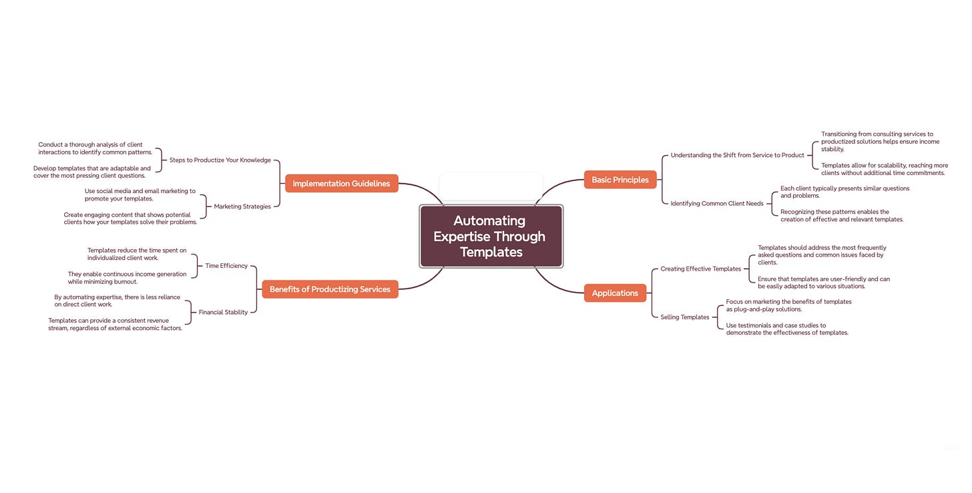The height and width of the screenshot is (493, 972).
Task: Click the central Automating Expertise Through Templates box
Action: [x=491, y=236]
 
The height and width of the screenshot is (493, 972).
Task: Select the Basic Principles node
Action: [x=620, y=180]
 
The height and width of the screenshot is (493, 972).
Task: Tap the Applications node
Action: [x=615, y=293]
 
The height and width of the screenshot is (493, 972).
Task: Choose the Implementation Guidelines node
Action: [x=341, y=184]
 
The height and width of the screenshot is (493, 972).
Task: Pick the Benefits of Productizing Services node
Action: [x=330, y=289]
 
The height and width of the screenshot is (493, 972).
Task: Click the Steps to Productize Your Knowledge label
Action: [x=220, y=160]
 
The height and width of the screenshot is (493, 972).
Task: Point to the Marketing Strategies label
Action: [x=242, y=206]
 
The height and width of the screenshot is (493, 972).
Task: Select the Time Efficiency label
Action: [x=226, y=266]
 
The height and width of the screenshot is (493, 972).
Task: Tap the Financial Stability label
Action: [x=223, y=312]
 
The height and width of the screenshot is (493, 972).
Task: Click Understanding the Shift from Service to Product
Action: [x=737, y=155]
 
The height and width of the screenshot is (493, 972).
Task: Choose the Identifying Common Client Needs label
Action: [x=716, y=203]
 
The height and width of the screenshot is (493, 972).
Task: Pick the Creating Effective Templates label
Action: [x=700, y=269]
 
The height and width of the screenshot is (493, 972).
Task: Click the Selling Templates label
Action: [x=684, y=317]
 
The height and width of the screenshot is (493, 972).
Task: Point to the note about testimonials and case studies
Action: [x=786, y=329]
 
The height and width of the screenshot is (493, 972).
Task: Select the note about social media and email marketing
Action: [x=140, y=194]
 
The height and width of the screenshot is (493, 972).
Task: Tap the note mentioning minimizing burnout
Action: [x=127, y=278]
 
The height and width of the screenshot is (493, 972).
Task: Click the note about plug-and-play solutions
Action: [x=788, y=305]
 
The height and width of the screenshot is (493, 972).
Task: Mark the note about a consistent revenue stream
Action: [x=115, y=324]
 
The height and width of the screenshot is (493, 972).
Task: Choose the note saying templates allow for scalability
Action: [x=884, y=169]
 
